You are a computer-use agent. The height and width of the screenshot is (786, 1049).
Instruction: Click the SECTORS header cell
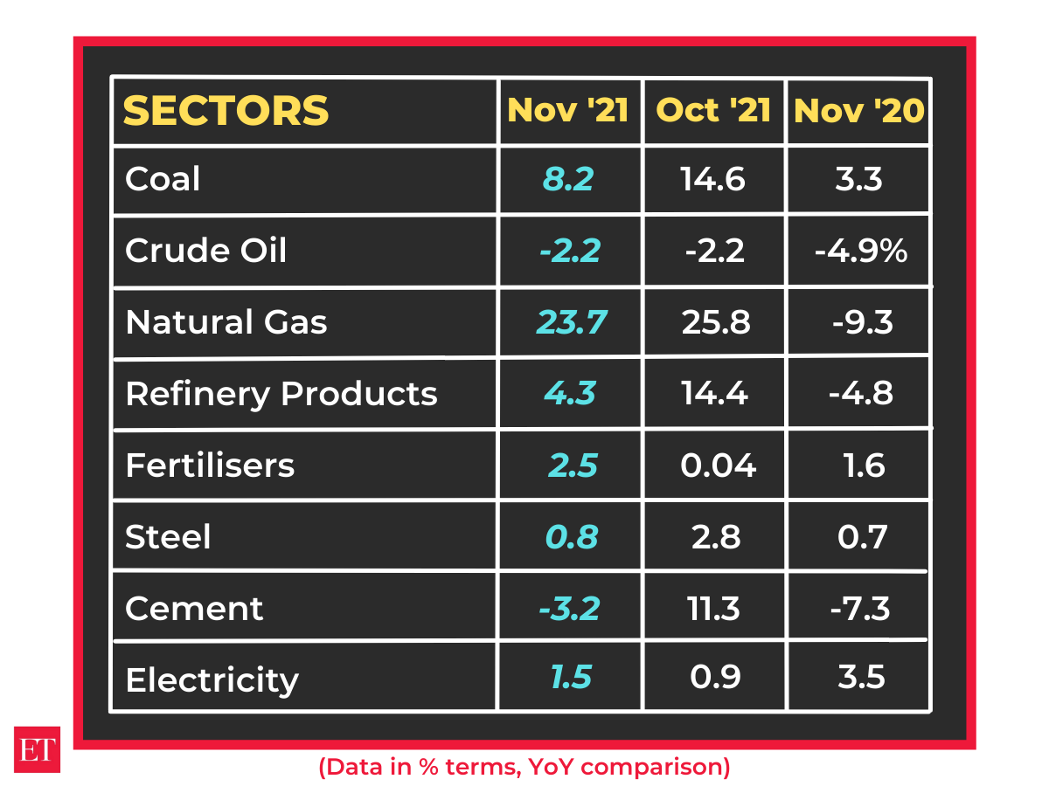pos(226,111)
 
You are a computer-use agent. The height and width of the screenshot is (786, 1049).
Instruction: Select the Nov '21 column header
pos(568,111)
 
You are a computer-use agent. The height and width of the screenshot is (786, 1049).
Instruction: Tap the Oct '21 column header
pos(713,111)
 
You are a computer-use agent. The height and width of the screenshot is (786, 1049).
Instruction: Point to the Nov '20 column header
pos(858,111)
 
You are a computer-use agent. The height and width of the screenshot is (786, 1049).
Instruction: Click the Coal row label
pos(163,180)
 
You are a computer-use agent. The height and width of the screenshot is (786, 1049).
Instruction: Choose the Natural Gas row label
pos(226,323)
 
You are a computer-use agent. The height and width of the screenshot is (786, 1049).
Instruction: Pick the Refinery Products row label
pos(281,394)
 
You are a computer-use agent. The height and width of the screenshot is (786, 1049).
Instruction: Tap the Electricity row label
pos(212,679)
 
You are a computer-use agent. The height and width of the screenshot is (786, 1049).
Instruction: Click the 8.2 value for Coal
pos(568,180)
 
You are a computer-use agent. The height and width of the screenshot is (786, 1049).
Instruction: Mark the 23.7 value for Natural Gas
pos(571,323)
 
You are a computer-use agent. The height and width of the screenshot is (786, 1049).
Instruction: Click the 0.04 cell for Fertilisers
pos(718,465)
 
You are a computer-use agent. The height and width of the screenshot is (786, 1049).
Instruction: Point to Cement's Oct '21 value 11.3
pos(714,608)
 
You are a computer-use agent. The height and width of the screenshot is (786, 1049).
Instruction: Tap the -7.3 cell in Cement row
pos(861,608)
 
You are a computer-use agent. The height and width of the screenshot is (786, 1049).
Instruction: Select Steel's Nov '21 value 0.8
pos(572,536)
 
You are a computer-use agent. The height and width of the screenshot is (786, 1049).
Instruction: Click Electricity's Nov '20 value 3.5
pos(861,678)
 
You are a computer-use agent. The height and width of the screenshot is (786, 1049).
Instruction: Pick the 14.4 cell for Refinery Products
pos(714,394)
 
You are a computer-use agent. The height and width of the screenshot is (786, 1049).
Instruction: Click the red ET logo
pos(37,748)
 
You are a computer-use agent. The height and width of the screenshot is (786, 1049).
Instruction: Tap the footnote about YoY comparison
pos(524,767)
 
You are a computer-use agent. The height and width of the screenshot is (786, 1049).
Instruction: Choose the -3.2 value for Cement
pos(569,608)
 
